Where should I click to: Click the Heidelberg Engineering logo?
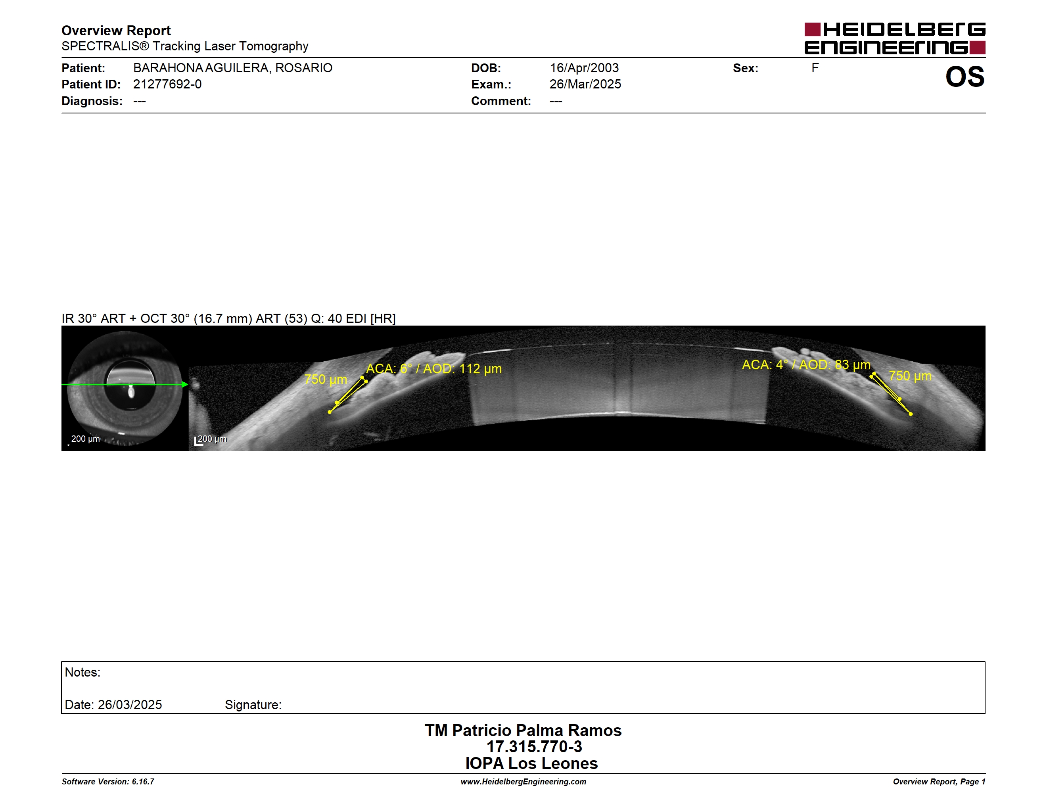[895, 38]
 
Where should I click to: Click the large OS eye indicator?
[965, 77]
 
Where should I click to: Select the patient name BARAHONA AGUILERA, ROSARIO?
[232, 68]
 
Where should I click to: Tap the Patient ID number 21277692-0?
[167, 84]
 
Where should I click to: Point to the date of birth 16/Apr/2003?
[584, 68]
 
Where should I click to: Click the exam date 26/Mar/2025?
[585, 84]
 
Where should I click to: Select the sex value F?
[815, 68]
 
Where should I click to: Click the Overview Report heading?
[116, 31]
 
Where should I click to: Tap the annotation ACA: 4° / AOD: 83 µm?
[806, 365]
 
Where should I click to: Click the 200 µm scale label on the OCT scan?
[212, 439]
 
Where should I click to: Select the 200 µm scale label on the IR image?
[85, 439]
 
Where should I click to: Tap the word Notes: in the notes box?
[82, 673]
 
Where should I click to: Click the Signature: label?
[253, 705]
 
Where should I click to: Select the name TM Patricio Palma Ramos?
[523, 730]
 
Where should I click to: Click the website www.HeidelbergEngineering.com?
[523, 782]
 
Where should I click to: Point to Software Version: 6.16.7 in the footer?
[108, 782]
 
